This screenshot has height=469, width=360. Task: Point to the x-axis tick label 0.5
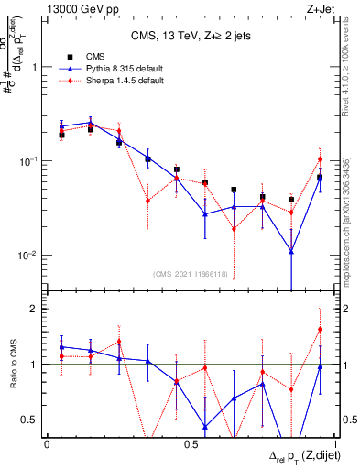(191, 443)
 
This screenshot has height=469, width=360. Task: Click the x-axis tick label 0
(47, 443)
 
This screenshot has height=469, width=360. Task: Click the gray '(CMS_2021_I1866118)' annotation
(191, 274)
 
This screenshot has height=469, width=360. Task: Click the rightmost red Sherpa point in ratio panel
(320, 329)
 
